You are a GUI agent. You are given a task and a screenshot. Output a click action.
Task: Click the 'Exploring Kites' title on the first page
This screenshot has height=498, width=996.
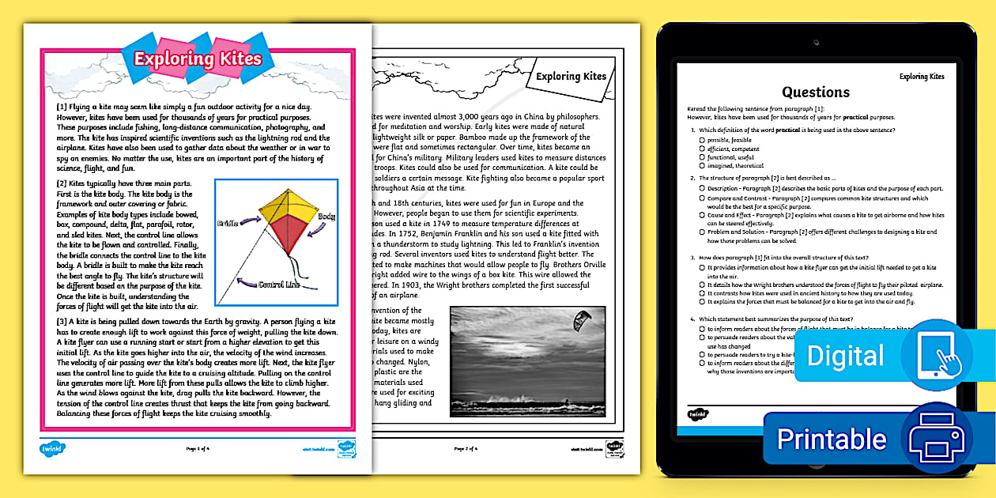click(197, 59)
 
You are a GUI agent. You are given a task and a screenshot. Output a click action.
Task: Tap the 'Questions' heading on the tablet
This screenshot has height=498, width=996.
click(816, 92)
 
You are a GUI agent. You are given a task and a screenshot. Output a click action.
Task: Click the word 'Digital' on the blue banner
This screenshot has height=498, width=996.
click(845, 356)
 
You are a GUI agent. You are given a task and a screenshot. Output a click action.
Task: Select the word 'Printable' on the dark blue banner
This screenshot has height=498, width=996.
click(832, 439)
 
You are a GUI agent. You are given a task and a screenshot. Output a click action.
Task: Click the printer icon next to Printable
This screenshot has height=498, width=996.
click(938, 437)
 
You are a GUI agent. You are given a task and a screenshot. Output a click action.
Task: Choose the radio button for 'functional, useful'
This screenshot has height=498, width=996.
click(702, 157)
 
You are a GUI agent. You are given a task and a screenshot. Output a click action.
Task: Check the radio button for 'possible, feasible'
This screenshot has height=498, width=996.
click(702, 140)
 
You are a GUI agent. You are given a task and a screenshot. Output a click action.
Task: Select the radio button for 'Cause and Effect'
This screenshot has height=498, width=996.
click(702, 215)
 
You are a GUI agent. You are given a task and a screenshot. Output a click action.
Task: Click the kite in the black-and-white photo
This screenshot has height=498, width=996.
click(581, 320)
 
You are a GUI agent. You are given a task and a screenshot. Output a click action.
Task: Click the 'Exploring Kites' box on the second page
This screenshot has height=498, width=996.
click(571, 77)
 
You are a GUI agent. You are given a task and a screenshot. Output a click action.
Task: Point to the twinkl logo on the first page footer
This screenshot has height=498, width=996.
click(52, 448)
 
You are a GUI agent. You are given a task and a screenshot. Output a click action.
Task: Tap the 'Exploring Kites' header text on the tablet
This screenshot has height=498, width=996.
click(922, 77)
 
